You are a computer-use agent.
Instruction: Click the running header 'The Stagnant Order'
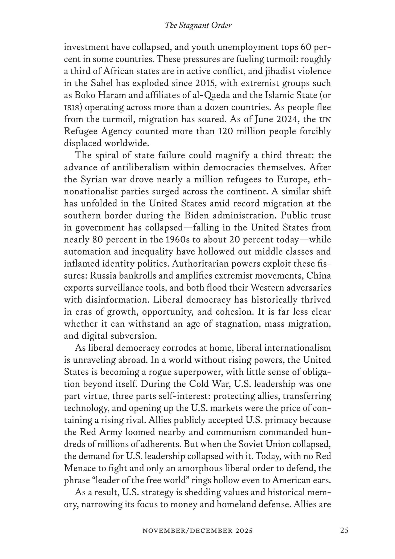click(198, 26)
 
